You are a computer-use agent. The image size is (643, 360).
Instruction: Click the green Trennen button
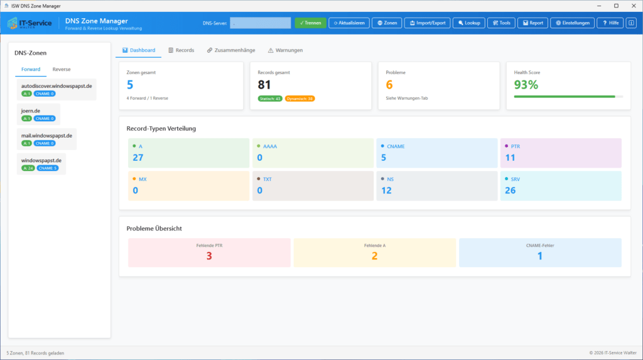point(310,23)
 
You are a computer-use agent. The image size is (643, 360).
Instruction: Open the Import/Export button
point(425,23)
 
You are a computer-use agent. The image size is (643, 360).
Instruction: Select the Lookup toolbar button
point(468,23)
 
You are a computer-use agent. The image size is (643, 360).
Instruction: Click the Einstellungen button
point(571,23)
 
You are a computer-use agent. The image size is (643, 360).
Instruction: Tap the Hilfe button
point(610,23)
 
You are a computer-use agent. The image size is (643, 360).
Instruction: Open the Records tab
point(181,50)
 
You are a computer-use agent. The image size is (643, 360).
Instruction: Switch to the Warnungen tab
point(285,50)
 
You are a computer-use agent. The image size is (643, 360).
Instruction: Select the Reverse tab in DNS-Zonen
point(62,69)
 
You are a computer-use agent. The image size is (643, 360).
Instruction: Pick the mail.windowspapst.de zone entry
point(47,135)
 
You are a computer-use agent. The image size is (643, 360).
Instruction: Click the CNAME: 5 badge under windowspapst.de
point(47,168)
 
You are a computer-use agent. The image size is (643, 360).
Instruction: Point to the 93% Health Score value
point(526,85)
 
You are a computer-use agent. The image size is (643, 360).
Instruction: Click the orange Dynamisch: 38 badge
point(300,99)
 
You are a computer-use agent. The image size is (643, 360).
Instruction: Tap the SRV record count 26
point(511,190)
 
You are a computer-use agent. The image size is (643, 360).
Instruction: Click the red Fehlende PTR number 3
point(209,256)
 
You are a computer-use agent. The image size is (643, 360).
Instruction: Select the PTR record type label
point(515,146)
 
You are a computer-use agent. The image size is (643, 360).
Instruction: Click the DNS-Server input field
point(260,23)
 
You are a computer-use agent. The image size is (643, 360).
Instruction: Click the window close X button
point(632,6)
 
